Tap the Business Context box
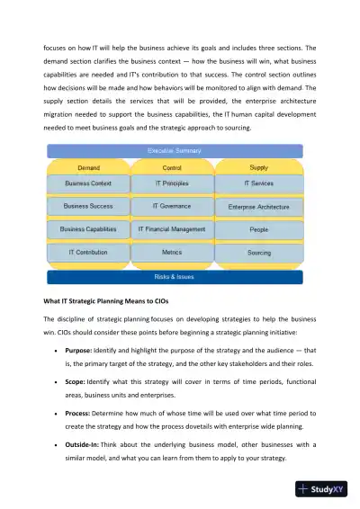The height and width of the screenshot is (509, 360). point(89,183)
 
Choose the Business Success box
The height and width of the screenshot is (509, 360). point(89,206)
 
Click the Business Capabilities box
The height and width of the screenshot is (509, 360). point(89,229)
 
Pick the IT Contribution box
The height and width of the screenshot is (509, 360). point(89,253)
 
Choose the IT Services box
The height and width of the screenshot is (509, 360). point(259,183)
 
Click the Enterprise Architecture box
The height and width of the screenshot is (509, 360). point(259,207)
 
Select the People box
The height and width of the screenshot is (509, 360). point(259,230)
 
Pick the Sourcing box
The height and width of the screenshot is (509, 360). point(259,253)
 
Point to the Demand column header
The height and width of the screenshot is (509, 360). point(89,167)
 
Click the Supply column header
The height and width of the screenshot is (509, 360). point(259,167)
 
